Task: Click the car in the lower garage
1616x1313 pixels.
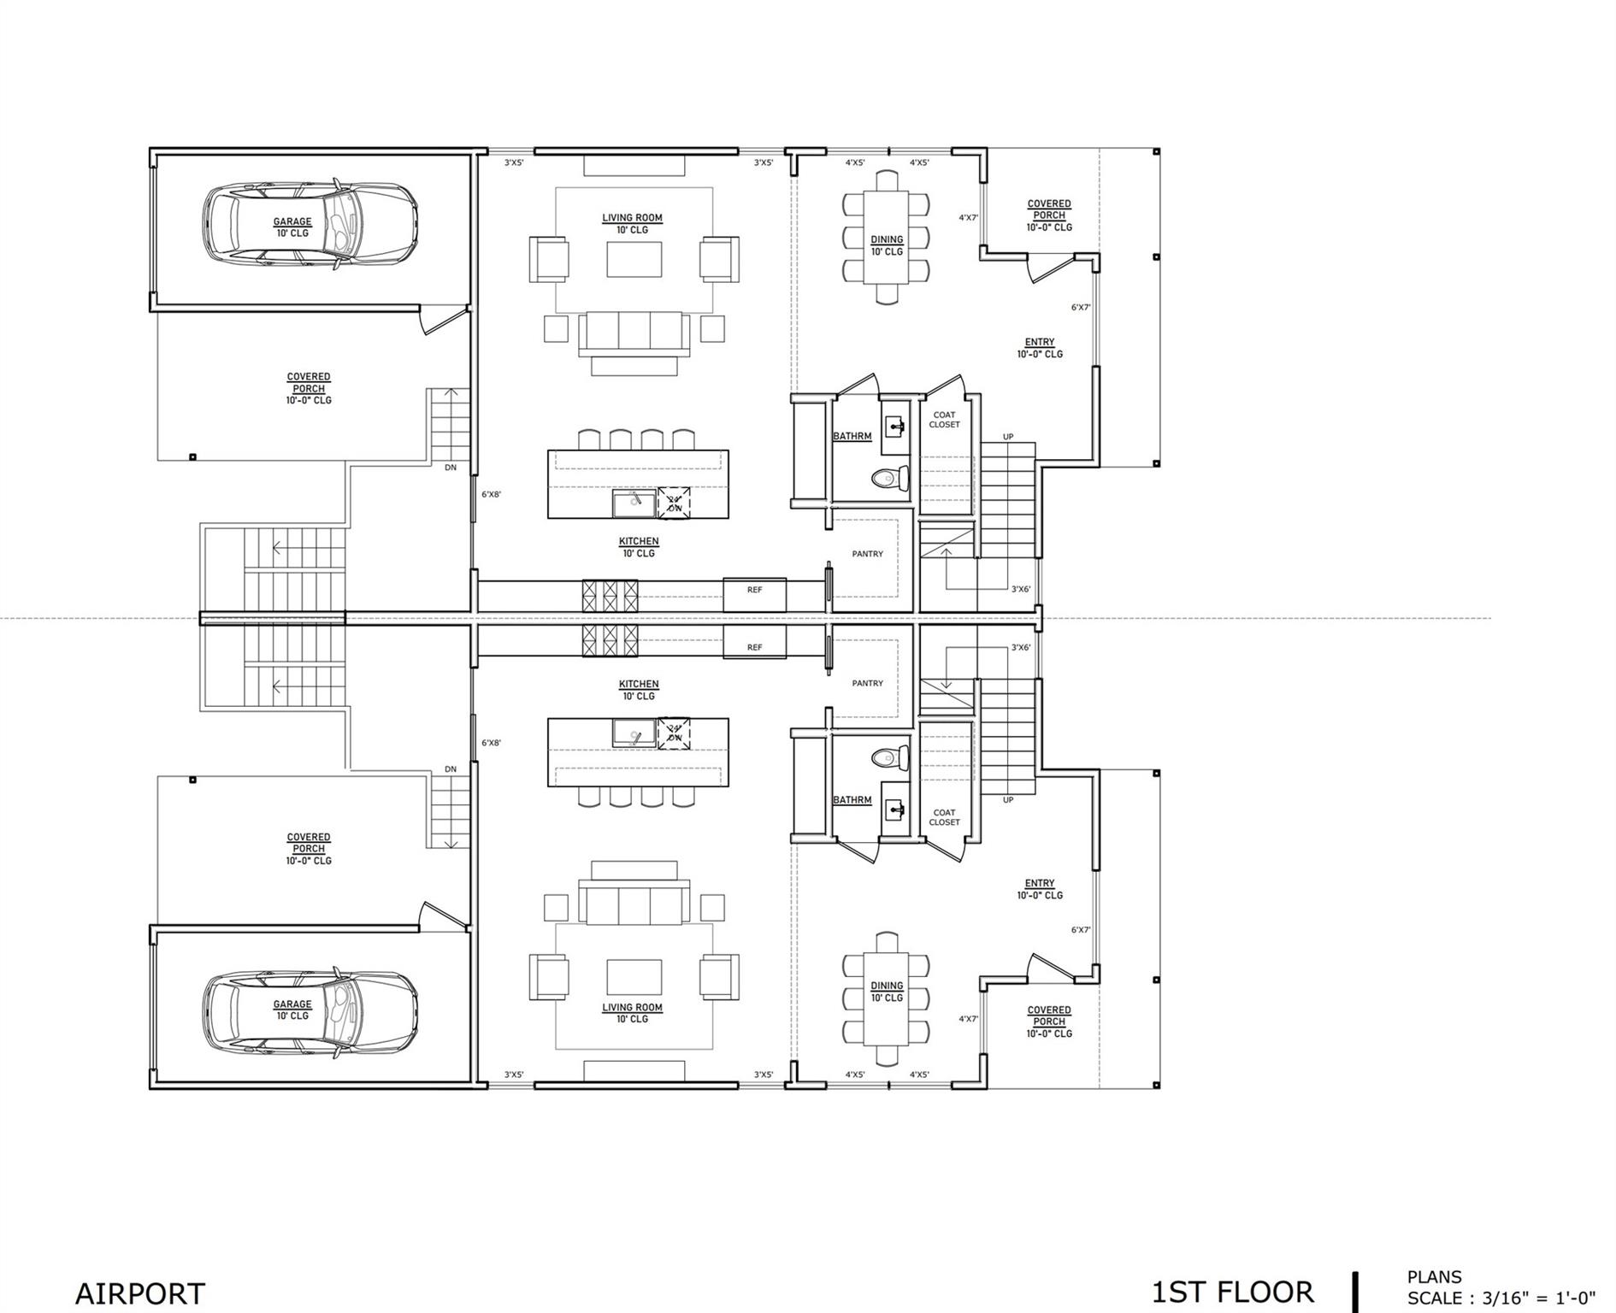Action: pos(310,1010)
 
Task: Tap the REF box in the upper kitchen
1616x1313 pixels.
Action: pos(754,593)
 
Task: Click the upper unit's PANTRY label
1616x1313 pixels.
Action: pos(867,554)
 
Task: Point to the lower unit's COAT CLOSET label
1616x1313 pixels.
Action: pos(944,817)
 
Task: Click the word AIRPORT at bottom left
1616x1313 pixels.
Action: pos(140,1293)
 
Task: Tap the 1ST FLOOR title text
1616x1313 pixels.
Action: pos(1232,1292)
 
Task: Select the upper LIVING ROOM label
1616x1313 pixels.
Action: pos(632,218)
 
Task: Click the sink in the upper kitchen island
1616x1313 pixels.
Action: pos(634,503)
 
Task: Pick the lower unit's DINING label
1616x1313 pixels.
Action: pos(887,986)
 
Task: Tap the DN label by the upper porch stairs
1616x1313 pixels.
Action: pos(451,468)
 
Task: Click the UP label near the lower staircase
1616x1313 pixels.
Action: pos(1008,800)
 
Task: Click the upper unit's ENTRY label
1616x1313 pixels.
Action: pos(1039,342)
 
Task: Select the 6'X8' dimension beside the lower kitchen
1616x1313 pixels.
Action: pos(491,743)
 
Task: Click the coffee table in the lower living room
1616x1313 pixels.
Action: pos(634,976)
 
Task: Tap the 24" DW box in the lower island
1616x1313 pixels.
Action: pos(675,733)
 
